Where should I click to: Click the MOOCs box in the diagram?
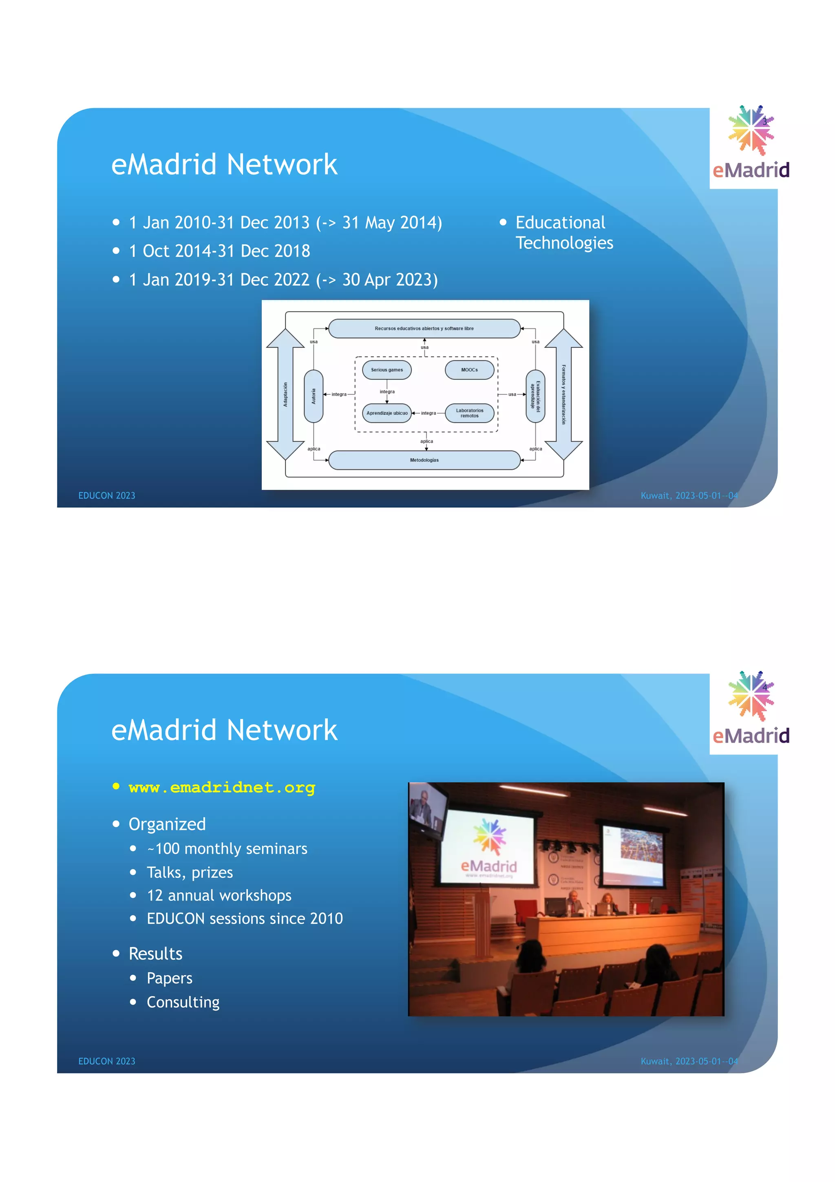point(469,370)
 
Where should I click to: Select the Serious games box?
point(387,370)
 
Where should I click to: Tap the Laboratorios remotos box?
point(469,413)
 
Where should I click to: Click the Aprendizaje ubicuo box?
point(387,413)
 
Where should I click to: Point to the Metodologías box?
point(424,460)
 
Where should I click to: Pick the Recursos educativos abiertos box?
point(424,328)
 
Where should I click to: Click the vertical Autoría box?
point(313,396)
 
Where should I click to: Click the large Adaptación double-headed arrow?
point(285,394)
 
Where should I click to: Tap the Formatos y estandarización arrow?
point(563,394)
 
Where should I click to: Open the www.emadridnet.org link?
point(222,788)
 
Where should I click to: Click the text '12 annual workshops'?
point(219,895)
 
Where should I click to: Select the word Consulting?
point(183,1002)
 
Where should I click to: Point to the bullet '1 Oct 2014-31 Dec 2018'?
point(219,251)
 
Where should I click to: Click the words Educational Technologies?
point(564,233)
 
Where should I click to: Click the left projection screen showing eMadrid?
point(489,844)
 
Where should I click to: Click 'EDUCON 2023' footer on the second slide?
point(106,1061)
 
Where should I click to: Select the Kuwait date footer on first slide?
point(689,496)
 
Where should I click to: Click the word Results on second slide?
point(155,954)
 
